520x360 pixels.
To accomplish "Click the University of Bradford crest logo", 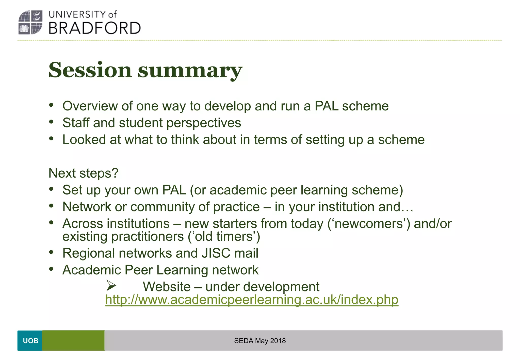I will pos(30,22).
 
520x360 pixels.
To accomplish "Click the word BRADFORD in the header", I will pos(94,28).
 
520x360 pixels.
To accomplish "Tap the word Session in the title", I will pos(90,70).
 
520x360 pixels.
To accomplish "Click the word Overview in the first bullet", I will pos(90,106).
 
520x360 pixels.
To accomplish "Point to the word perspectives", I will pos(204,123).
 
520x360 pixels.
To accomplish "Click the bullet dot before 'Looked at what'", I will pos(52,139).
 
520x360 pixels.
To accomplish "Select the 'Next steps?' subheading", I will pos(84,173).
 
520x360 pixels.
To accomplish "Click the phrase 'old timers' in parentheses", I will pos(224,237).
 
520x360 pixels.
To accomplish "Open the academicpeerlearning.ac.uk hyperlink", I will pos(251,300).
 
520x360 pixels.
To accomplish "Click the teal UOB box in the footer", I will pos(30,340).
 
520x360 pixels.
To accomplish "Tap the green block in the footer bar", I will pos(73,340).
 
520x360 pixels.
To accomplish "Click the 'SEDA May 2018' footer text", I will pos(260,341).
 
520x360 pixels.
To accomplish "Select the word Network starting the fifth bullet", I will pos(87,207).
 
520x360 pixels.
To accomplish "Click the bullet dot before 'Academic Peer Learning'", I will pos(52,269).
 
